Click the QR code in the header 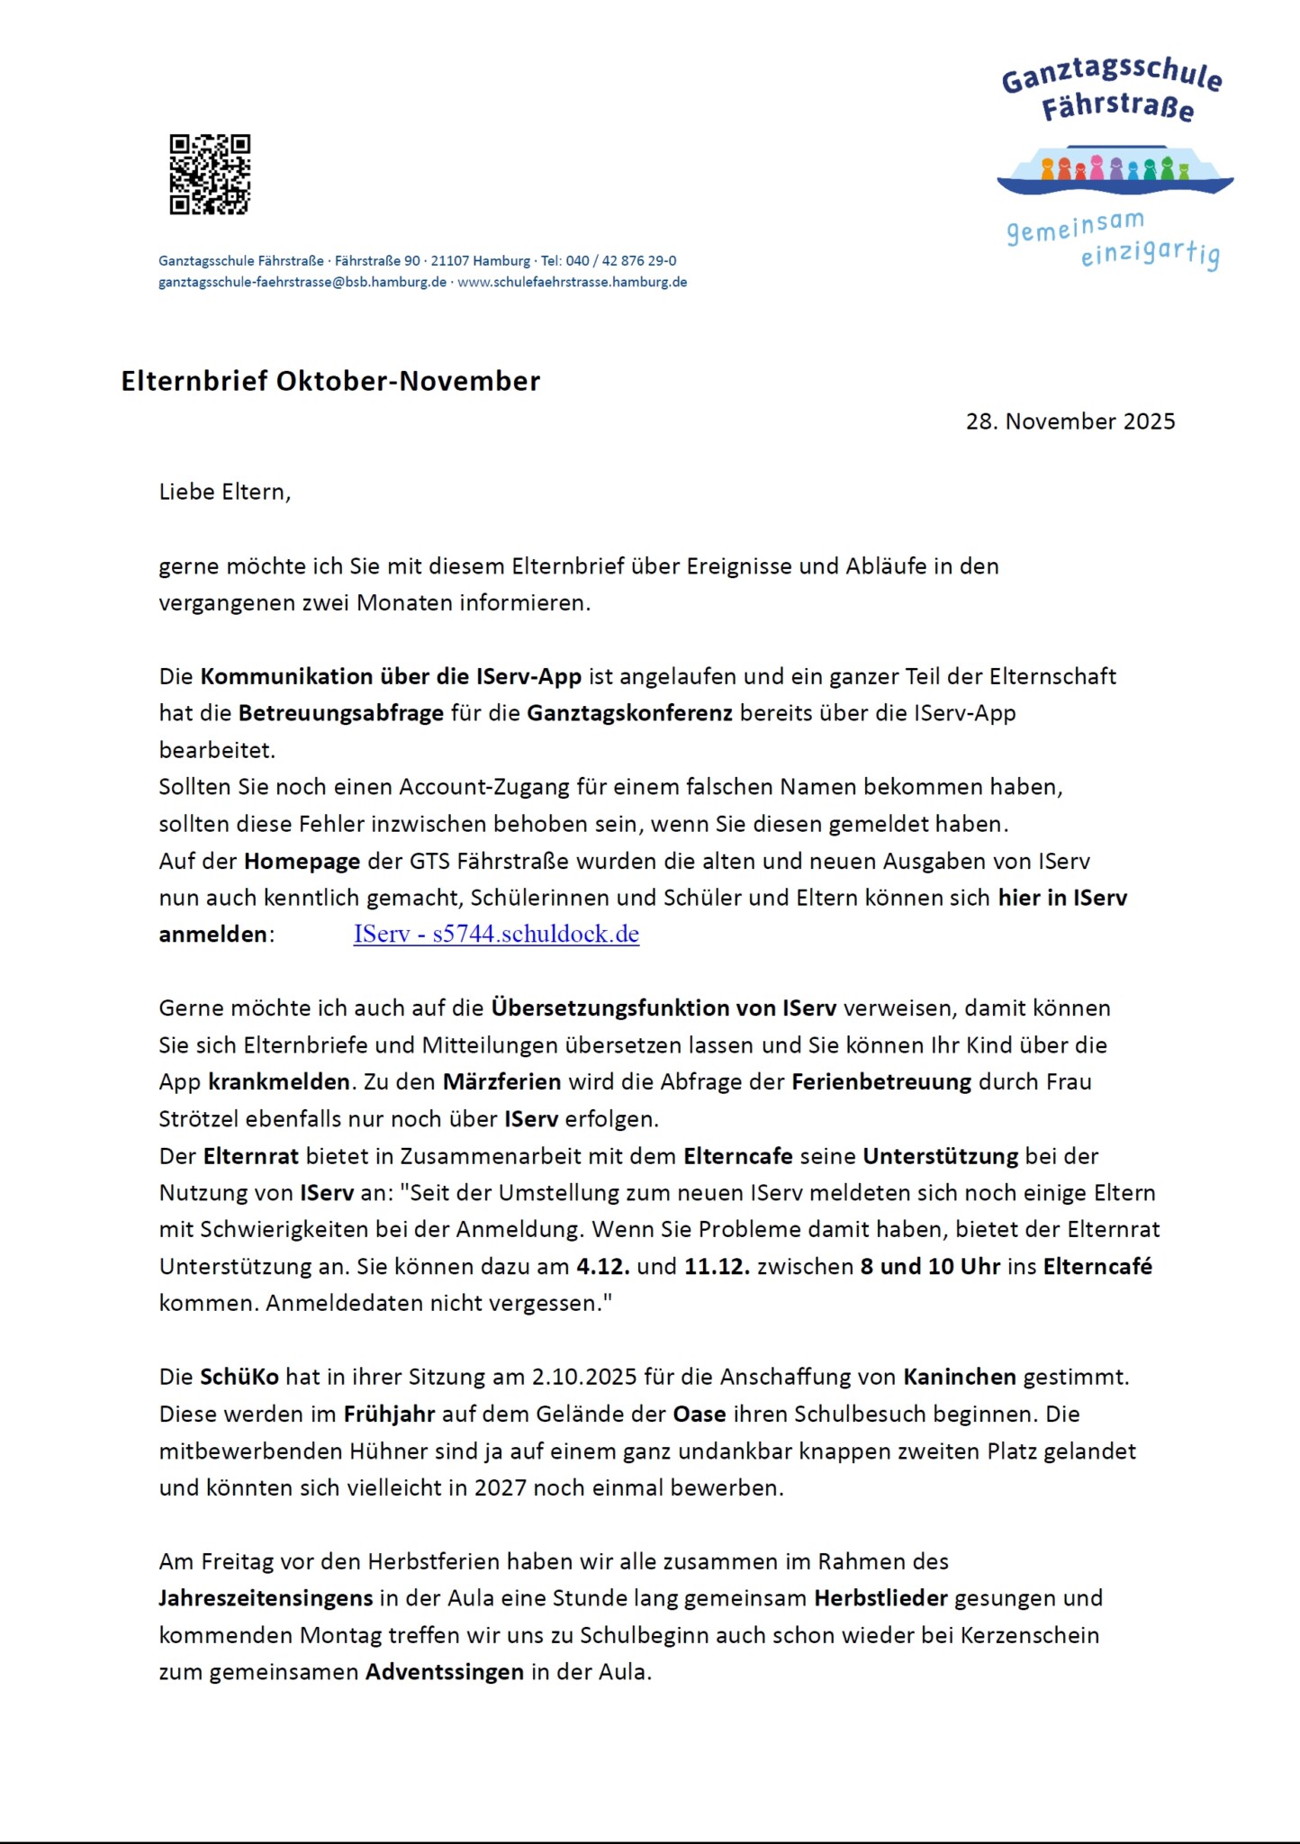click(x=210, y=175)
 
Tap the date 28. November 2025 click(x=1070, y=421)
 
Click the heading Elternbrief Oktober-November click(x=330, y=381)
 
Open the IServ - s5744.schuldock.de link click(x=496, y=934)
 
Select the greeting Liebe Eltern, click(x=225, y=492)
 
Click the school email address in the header click(x=302, y=282)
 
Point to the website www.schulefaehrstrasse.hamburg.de click(x=573, y=282)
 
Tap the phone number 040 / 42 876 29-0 click(x=621, y=261)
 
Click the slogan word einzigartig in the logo click(x=1150, y=255)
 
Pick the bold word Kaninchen click(x=960, y=1377)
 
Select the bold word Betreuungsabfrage click(x=341, y=713)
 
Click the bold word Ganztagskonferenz click(x=629, y=713)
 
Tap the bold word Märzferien click(x=501, y=1081)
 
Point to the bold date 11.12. click(x=717, y=1266)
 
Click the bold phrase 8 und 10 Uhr click(x=930, y=1266)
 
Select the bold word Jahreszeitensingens click(x=266, y=1598)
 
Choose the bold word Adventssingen click(x=445, y=1672)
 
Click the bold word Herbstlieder click(x=880, y=1598)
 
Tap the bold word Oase click(x=700, y=1414)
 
